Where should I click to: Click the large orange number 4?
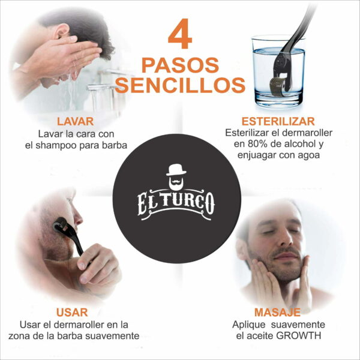(180, 35)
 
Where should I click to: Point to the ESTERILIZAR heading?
(277, 121)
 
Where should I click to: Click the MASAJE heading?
(277, 312)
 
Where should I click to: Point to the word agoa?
(308, 155)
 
